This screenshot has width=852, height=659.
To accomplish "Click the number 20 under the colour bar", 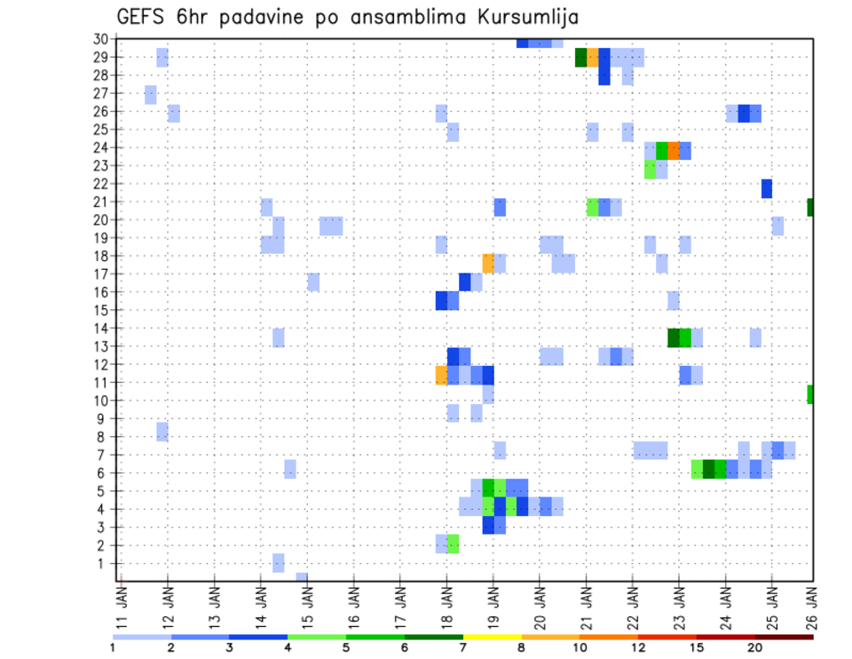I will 755,647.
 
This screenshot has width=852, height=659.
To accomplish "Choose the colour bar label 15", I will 698,647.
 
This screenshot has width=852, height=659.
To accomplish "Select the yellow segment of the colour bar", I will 493,637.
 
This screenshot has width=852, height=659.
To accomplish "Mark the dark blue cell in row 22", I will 767,188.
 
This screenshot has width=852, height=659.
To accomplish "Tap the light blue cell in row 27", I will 151,94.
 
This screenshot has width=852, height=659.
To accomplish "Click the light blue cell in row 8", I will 162,432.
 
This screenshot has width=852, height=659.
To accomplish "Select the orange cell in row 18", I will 488,263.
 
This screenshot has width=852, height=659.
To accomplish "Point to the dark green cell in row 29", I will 580,58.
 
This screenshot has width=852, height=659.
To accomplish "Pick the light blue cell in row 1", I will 279,563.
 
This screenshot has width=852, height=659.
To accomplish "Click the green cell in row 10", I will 811,393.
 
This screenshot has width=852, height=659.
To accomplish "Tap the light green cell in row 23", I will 651,169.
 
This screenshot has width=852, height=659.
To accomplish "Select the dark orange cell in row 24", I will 674,151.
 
